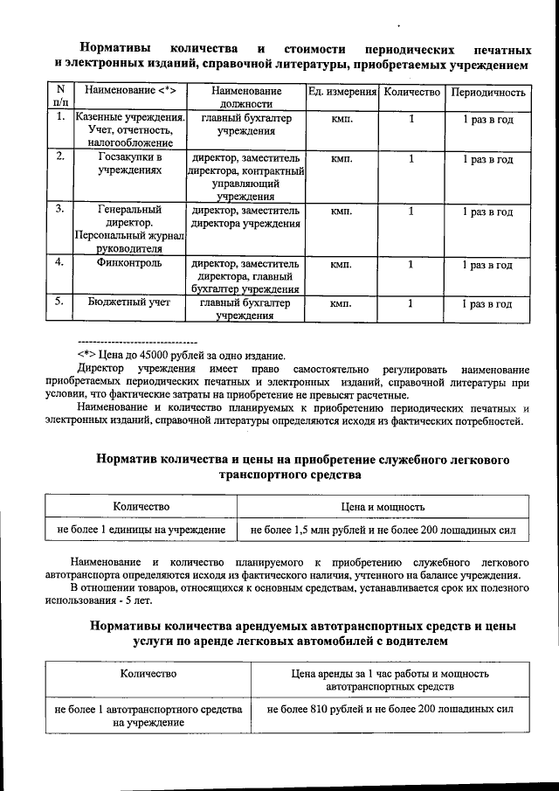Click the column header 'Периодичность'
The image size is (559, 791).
487,92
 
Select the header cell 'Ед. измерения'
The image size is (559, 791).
342,92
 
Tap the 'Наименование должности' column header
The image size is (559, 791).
246,97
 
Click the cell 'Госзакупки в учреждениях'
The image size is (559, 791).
130,165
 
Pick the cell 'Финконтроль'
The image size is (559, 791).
130,263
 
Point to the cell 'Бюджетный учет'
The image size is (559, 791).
130,303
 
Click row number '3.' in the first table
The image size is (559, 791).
59,211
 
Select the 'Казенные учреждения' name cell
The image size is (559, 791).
130,129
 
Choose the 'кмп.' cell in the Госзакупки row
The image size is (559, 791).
342,160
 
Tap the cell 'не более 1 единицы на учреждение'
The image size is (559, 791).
141,530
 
